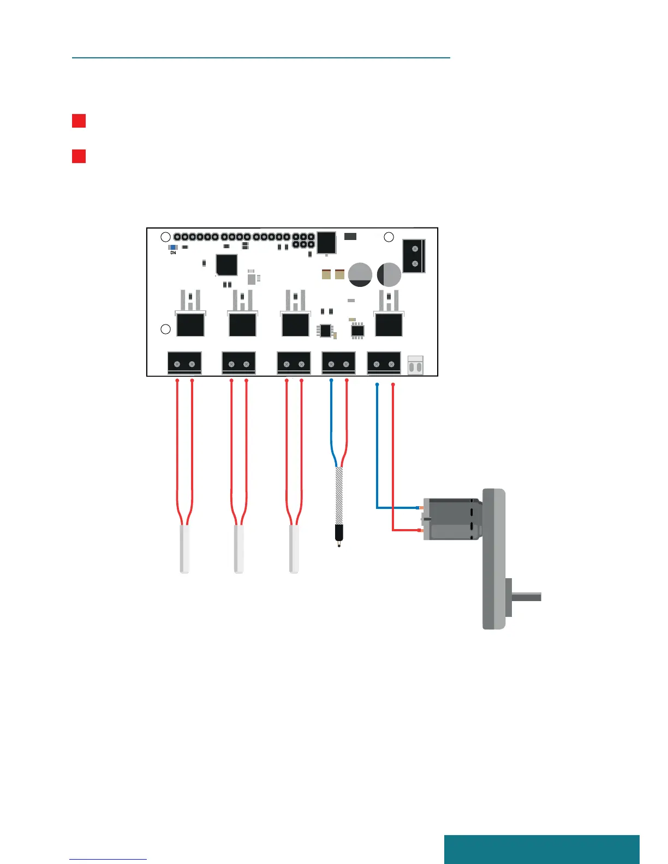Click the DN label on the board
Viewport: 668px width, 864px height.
(173, 253)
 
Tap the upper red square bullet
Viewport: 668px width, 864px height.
(79, 121)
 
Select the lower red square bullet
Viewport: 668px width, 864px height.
(79, 156)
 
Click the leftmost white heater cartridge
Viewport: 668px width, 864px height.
(184, 549)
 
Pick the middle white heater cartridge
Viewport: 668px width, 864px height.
(238, 549)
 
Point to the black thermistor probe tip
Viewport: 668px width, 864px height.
(339, 533)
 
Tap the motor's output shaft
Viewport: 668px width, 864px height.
(526, 597)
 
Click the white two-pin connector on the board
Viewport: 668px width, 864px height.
(415, 365)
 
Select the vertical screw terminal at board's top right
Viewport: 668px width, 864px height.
(414, 256)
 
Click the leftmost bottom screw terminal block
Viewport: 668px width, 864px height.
(184, 363)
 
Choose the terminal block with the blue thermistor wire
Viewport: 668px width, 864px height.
(338, 363)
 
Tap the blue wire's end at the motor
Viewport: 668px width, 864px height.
(419, 508)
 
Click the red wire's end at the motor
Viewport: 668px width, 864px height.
(419, 530)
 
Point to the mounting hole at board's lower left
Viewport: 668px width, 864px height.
(165, 329)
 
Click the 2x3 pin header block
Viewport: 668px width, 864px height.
(303, 241)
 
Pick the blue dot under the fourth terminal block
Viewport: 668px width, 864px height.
(331, 380)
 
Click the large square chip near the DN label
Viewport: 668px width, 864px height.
(226, 265)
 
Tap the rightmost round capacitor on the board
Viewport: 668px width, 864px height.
(389, 274)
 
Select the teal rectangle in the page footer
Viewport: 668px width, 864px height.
(541, 849)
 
